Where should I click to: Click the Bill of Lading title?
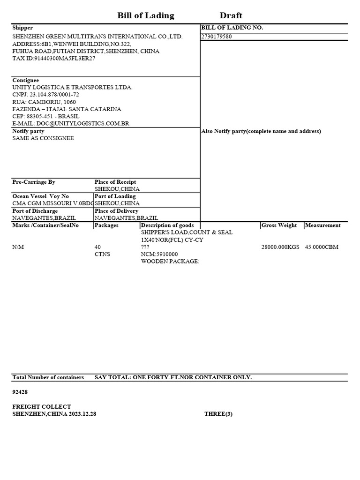pyautogui.click(x=145, y=16)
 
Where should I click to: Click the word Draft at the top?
pyautogui.click(x=231, y=16)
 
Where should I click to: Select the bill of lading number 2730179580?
pyautogui.click(x=216, y=37)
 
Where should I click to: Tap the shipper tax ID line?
pyautogui.click(x=53, y=59)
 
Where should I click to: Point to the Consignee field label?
pyautogui.click(x=25, y=80)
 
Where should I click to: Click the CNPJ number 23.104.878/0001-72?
pyautogui.click(x=45, y=95)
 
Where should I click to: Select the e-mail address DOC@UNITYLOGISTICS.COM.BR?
pyautogui.click(x=71, y=124)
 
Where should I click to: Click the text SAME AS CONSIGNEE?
pyautogui.click(x=43, y=139)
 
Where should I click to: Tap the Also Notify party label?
pyautogui.click(x=261, y=131)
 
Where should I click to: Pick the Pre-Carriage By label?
pyautogui.click(x=34, y=182)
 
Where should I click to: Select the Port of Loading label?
pyautogui.click(x=115, y=196)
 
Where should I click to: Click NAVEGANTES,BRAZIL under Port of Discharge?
pyautogui.click(x=44, y=218)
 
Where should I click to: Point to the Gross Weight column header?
pyautogui.click(x=279, y=225)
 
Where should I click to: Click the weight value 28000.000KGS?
pyautogui.click(x=280, y=247)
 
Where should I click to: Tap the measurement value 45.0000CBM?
pyautogui.click(x=322, y=247)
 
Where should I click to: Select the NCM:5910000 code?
pyautogui.click(x=159, y=254)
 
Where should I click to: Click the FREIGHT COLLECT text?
pyautogui.click(x=42, y=407)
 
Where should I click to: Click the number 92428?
pyautogui.click(x=20, y=392)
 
